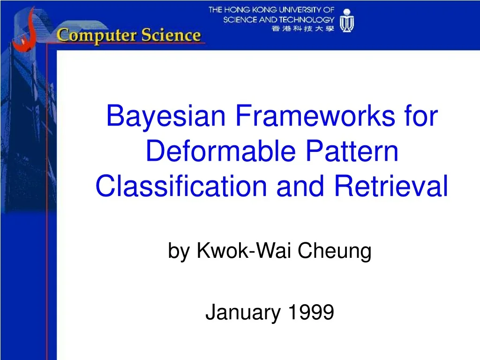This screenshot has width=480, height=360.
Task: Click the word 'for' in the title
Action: point(420,117)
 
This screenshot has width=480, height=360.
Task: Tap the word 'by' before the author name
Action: point(178,252)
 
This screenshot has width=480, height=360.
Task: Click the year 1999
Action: point(310,312)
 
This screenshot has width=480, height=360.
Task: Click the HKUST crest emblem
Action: point(347,21)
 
